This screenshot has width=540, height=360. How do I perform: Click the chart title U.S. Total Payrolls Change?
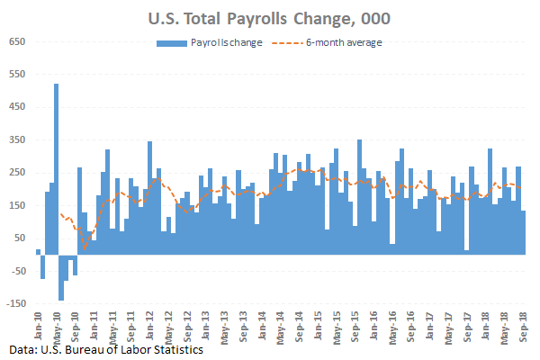pyautogui.click(x=270, y=16)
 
